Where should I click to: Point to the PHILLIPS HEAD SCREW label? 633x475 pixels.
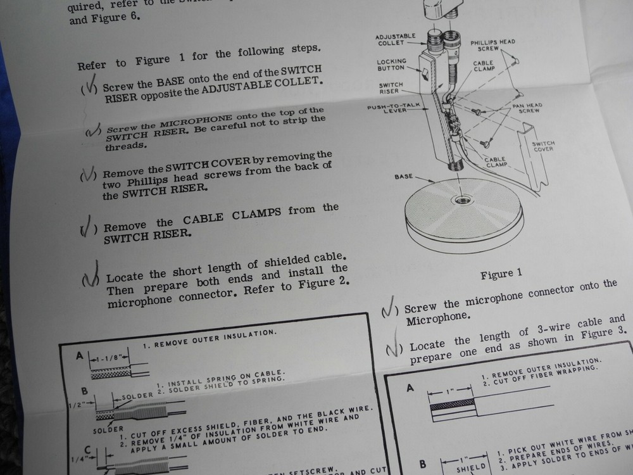pos(492,46)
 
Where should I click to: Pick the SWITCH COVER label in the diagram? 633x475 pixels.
pos(542,148)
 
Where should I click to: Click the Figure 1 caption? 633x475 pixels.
pos(501,274)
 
